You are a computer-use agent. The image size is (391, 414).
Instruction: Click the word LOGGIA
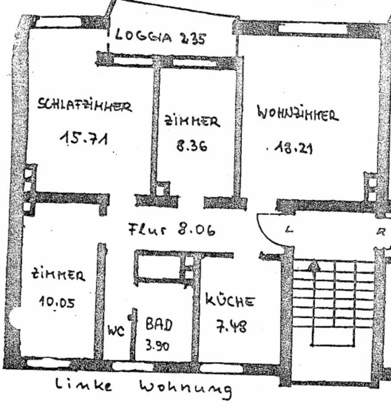144,36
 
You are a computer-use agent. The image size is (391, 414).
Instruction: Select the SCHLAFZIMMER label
85,105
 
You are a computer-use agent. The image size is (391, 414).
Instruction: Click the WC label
116,331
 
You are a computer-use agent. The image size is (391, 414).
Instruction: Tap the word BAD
158,324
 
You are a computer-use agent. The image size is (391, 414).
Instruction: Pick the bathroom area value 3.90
156,346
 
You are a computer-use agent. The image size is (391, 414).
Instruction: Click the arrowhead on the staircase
314,266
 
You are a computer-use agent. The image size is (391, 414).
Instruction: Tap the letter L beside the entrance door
289,230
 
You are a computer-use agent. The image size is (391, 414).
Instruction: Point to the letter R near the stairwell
380,232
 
